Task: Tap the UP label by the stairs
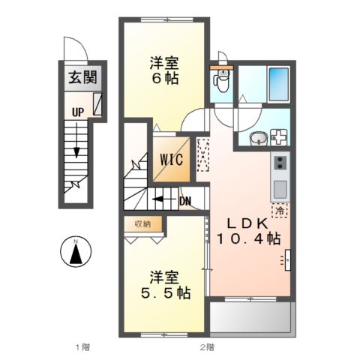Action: point(77,113)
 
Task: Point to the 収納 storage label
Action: point(143,223)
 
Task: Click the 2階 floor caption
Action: point(208,346)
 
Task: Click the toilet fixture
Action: point(220,78)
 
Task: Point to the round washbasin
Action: point(256,138)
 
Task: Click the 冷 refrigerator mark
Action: point(279,211)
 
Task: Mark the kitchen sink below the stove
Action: point(280,187)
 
